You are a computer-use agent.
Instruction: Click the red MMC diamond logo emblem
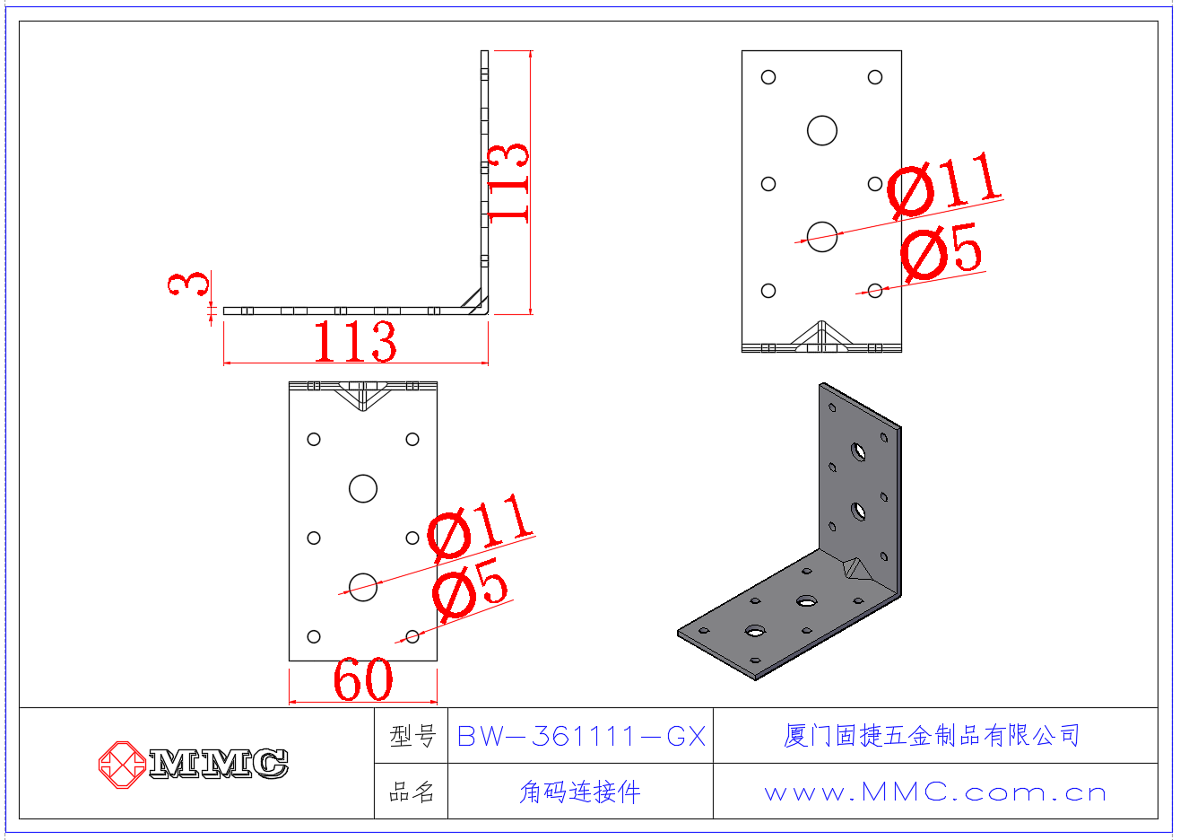122,765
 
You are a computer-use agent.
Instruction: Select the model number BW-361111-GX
581,736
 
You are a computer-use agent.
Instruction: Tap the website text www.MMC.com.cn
935,792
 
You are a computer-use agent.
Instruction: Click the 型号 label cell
412,736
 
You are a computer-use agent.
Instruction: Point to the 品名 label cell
412,792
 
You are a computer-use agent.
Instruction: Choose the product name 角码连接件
580,792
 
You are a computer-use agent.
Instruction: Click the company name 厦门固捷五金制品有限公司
932,736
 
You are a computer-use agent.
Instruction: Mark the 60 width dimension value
363,679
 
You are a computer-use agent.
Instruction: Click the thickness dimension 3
188,284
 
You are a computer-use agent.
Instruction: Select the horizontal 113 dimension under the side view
355,342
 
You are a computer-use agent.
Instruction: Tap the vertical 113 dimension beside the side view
508,183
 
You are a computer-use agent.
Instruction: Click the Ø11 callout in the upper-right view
944,185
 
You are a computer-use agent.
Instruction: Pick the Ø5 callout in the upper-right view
941,251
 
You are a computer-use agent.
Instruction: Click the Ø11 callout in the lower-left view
480,526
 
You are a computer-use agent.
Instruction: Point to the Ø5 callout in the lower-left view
470,589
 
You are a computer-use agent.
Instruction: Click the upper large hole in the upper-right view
821,130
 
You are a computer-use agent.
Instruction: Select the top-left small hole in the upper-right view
768,77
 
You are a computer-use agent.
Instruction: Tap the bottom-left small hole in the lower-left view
314,636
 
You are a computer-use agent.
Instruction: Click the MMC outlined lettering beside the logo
218,763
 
